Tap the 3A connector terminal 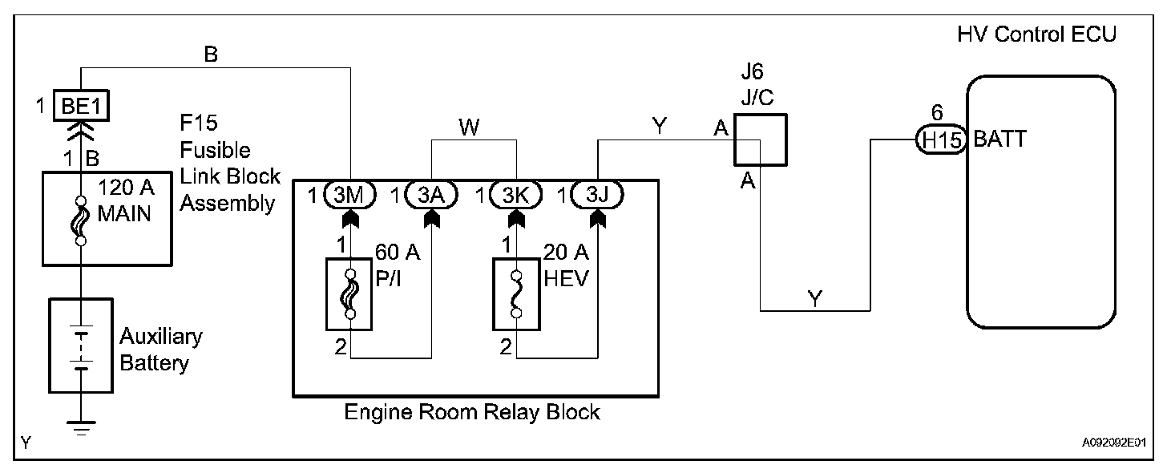(x=433, y=194)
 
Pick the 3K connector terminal (x=516, y=194)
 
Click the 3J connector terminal (x=599, y=194)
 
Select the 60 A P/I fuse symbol (x=349, y=293)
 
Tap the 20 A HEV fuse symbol (x=516, y=293)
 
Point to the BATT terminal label (x=999, y=139)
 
